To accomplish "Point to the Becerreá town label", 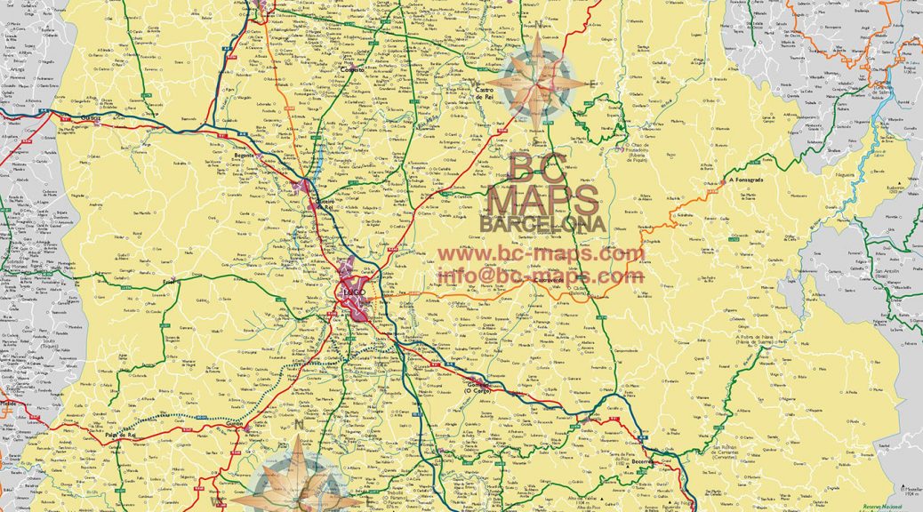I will (x=643, y=462).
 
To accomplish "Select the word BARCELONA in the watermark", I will (x=543, y=224).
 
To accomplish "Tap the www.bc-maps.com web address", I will (x=540, y=254).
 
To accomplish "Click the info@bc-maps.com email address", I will (x=540, y=276).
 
